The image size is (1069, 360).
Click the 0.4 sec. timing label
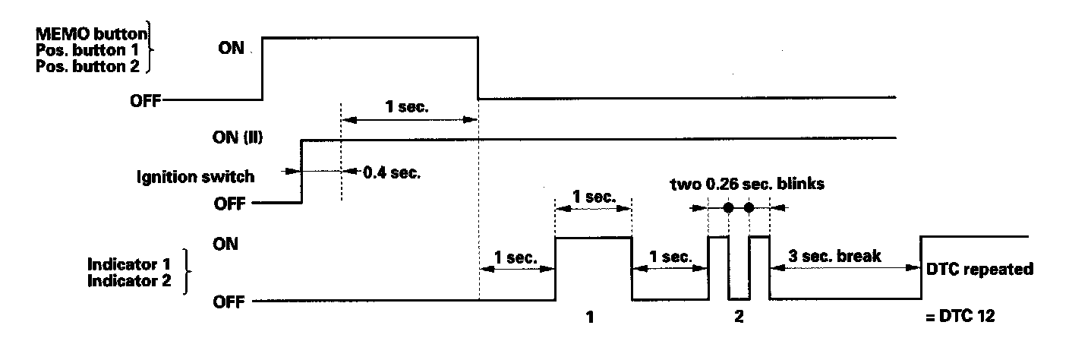[391, 172]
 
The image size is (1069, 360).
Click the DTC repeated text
[973, 269]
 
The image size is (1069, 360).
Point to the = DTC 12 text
[961, 317]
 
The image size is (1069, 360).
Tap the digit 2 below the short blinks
[739, 318]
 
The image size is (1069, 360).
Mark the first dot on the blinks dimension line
[729, 207]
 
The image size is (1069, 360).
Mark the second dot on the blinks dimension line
[749, 207]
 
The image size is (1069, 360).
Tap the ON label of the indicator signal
[226, 245]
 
